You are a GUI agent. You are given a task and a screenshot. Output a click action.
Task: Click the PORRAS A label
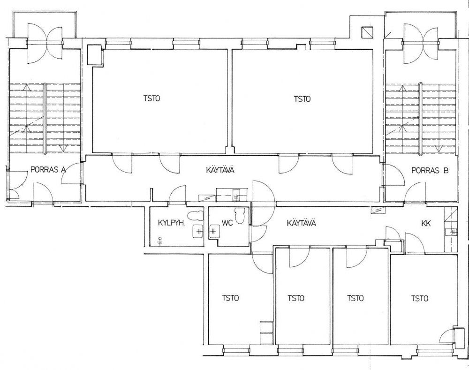48,170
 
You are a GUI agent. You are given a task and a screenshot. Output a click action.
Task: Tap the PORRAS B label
430,171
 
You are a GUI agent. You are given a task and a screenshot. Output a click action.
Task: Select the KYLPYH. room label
169,223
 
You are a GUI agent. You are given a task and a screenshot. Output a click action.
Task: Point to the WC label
227,223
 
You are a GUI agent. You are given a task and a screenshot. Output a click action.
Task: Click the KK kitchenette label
426,223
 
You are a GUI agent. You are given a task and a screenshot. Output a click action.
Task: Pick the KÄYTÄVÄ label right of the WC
302,223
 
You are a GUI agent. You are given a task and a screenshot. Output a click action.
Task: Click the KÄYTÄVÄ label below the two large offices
220,170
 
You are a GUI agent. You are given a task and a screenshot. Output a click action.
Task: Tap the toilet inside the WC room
240,215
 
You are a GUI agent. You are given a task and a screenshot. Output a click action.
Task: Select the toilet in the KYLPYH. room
196,216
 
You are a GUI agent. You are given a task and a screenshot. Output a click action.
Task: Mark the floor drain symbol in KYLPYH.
161,241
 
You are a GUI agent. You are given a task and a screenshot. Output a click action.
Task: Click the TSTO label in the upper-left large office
151,98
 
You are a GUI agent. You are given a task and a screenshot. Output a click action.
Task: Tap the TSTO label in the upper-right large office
302,98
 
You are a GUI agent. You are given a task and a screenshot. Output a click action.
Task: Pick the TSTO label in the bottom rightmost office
420,298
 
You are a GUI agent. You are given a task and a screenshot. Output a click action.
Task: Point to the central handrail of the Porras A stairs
45,119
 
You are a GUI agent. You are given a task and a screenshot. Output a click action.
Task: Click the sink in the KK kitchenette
451,232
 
